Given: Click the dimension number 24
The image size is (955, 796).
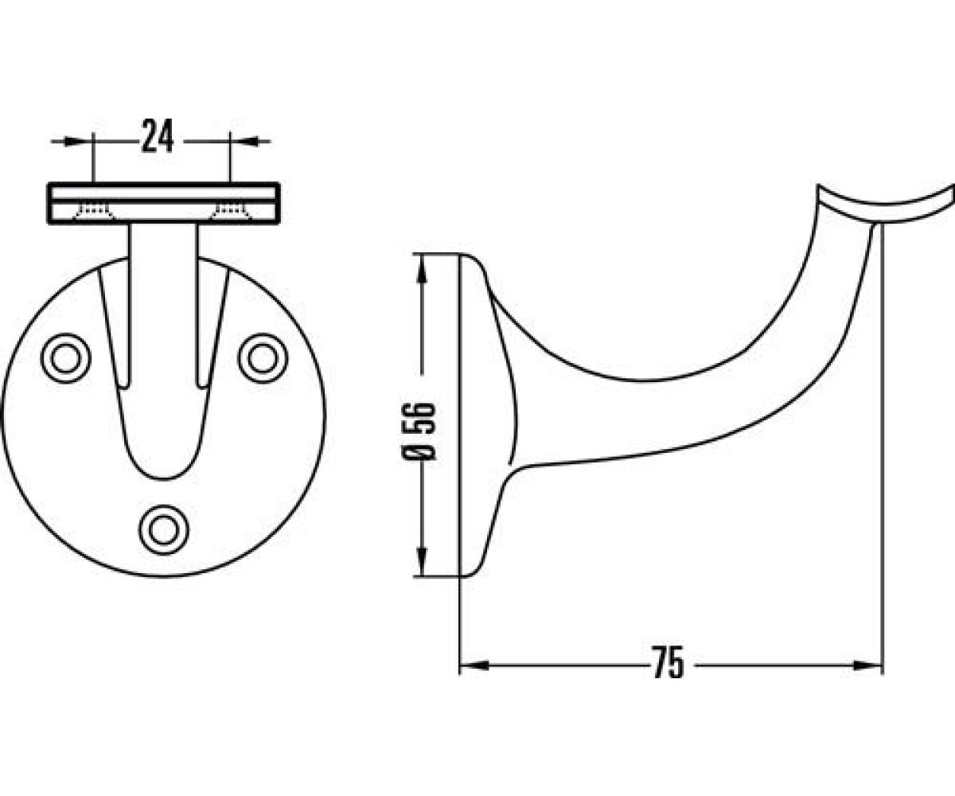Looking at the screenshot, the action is (x=158, y=136).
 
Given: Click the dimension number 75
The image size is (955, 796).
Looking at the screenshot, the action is (x=668, y=662).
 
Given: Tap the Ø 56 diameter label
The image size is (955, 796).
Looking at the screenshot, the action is (x=417, y=431).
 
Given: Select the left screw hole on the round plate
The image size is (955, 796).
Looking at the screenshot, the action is (x=66, y=358).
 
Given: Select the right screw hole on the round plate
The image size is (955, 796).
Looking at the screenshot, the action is (x=263, y=358).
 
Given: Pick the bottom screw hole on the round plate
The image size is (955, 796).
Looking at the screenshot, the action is (x=164, y=531).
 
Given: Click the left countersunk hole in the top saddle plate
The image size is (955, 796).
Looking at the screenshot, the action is (x=94, y=212).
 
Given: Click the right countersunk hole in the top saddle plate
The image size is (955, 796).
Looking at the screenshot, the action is (x=232, y=212).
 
